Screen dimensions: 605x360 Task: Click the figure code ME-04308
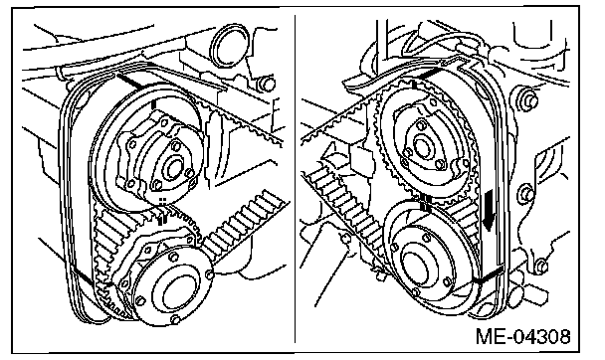pyautogui.click(x=522, y=336)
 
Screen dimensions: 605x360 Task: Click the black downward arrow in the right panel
pyautogui.click(x=489, y=210)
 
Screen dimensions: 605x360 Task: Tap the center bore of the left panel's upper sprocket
pyautogui.click(x=173, y=169)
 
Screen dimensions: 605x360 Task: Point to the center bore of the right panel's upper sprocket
pyautogui.click(x=422, y=146)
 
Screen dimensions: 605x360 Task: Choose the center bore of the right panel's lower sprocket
pyautogui.click(x=416, y=269)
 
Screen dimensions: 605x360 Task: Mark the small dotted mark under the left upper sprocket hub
pyautogui.click(x=163, y=201)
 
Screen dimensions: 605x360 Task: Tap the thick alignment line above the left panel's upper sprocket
pyautogui.click(x=129, y=81)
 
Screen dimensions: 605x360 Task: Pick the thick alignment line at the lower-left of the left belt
pyautogui.click(x=83, y=276)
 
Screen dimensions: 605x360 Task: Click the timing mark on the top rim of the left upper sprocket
pyautogui.click(x=153, y=104)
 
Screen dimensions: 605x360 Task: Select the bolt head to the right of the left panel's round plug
pyautogui.click(x=267, y=84)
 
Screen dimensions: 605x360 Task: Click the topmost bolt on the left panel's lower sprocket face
pyautogui.click(x=173, y=256)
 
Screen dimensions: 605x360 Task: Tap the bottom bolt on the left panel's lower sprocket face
pyautogui.click(x=175, y=319)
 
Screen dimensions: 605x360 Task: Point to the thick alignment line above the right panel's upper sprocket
pyautogui.click(x=429, y=74)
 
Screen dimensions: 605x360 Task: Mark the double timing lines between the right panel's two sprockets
pyautogui.click(x=425, y=202)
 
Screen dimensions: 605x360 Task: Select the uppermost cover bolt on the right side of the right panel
pyautogui.click(x=531, y=99)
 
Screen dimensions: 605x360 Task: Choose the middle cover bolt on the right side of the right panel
pyautogui.click(x=527, y=194)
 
